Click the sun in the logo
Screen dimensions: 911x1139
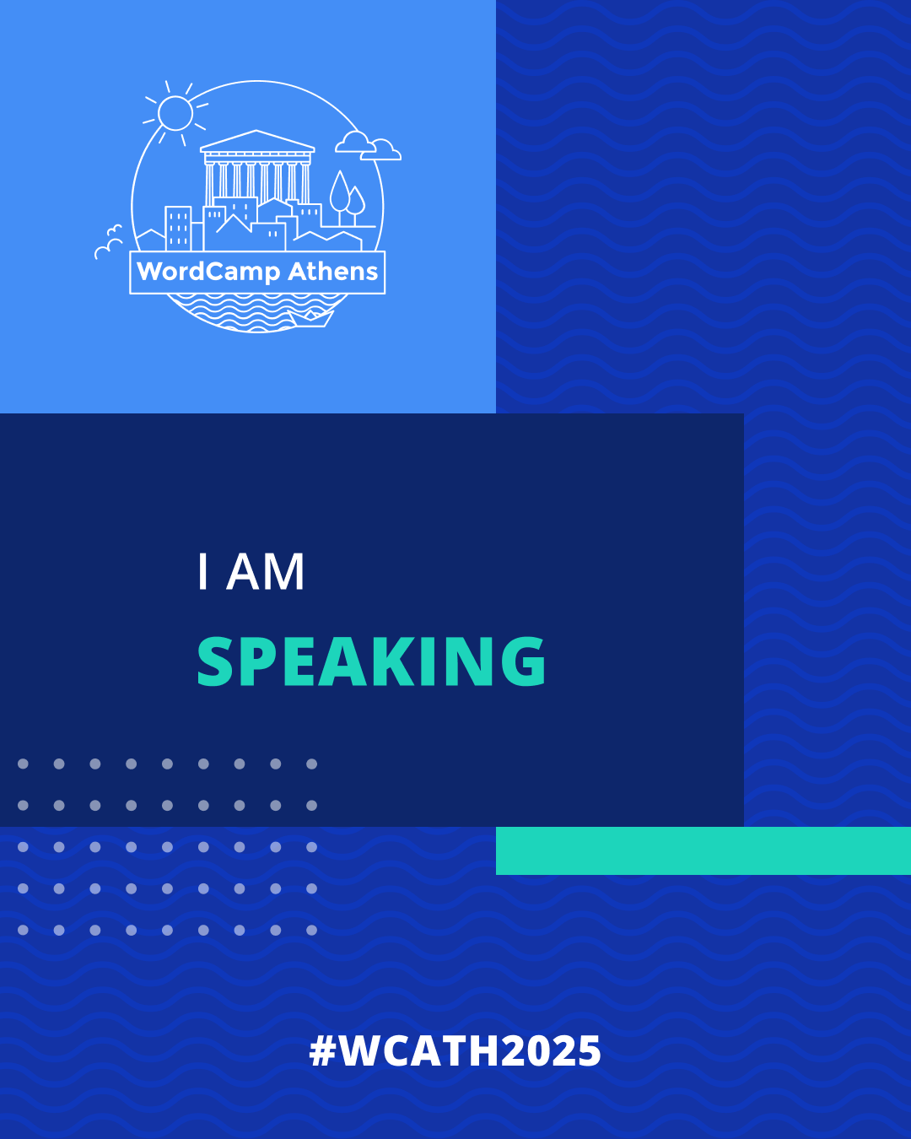point(175,113)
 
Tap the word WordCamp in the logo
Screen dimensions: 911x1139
point(208,272)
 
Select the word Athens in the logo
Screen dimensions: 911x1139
point(333,271)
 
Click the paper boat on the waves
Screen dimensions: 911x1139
point(310,318)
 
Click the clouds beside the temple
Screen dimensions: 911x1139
point(369,146)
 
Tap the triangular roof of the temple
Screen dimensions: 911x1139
point(257,141)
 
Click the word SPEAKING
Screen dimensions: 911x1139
point(372,661)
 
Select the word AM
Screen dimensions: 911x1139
point(266,572)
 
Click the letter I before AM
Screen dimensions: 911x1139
point(202,572)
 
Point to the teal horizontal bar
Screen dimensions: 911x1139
point(703,850)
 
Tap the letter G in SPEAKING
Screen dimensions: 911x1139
point(523,661)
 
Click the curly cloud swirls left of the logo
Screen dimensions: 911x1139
point(109,242)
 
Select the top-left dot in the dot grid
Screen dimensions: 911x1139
point(23,764)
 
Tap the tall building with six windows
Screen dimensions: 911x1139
point(178,228)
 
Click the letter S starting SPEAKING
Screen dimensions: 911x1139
point(215,661)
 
